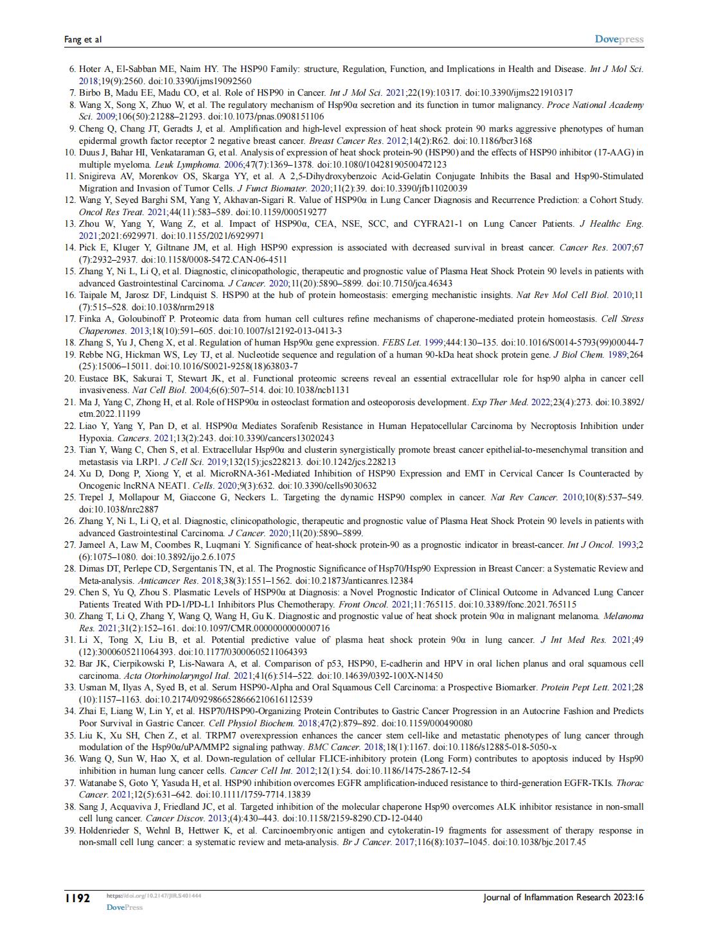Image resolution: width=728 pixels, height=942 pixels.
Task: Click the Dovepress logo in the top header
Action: (x=619, y=39)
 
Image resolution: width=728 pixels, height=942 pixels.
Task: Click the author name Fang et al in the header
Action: (x=83, y=40)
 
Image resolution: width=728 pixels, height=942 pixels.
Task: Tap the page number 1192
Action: (x=77, y=898)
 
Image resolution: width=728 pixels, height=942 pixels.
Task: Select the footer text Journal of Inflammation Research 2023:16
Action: (x=564, y=898)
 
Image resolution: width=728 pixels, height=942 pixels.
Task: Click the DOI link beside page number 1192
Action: (x=154, y=895)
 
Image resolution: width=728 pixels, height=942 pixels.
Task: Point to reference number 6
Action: (x=72, y=69)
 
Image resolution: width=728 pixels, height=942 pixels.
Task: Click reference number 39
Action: (x=70, y=830)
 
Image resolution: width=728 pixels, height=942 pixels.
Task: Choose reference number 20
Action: (x=70, y=378)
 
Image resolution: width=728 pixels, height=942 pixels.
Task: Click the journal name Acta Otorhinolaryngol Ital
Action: (x=161, y=676)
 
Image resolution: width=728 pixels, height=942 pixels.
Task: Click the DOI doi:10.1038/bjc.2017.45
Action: (x=539, y=842)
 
